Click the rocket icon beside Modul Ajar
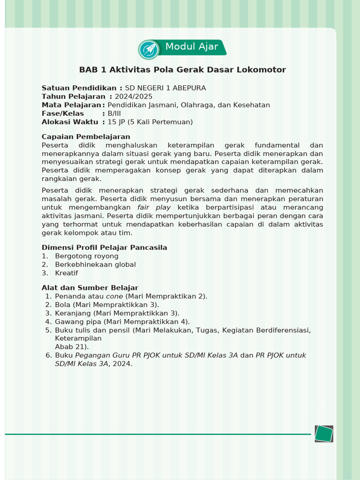tap(149, 49)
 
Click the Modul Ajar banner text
tap(191, 47)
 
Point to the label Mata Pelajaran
tap(71, 105)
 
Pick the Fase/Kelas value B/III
tap(114, 113)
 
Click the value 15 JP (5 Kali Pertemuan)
tap(150, 122)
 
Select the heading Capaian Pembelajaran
tap(86, 137)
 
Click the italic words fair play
tap(154, 207)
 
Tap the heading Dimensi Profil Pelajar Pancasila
tap(104, 247)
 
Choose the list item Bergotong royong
tap(86, 256)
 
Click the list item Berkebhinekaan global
tap(95, 264)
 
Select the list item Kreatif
tap(67, 273)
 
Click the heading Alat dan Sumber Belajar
tap(90, 288)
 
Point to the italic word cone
tap(114, 296)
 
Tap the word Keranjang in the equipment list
tap(73, 313)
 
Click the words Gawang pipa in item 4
tap(78, 322)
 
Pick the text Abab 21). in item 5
tap(72, 347)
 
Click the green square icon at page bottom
tap(323, 434)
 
